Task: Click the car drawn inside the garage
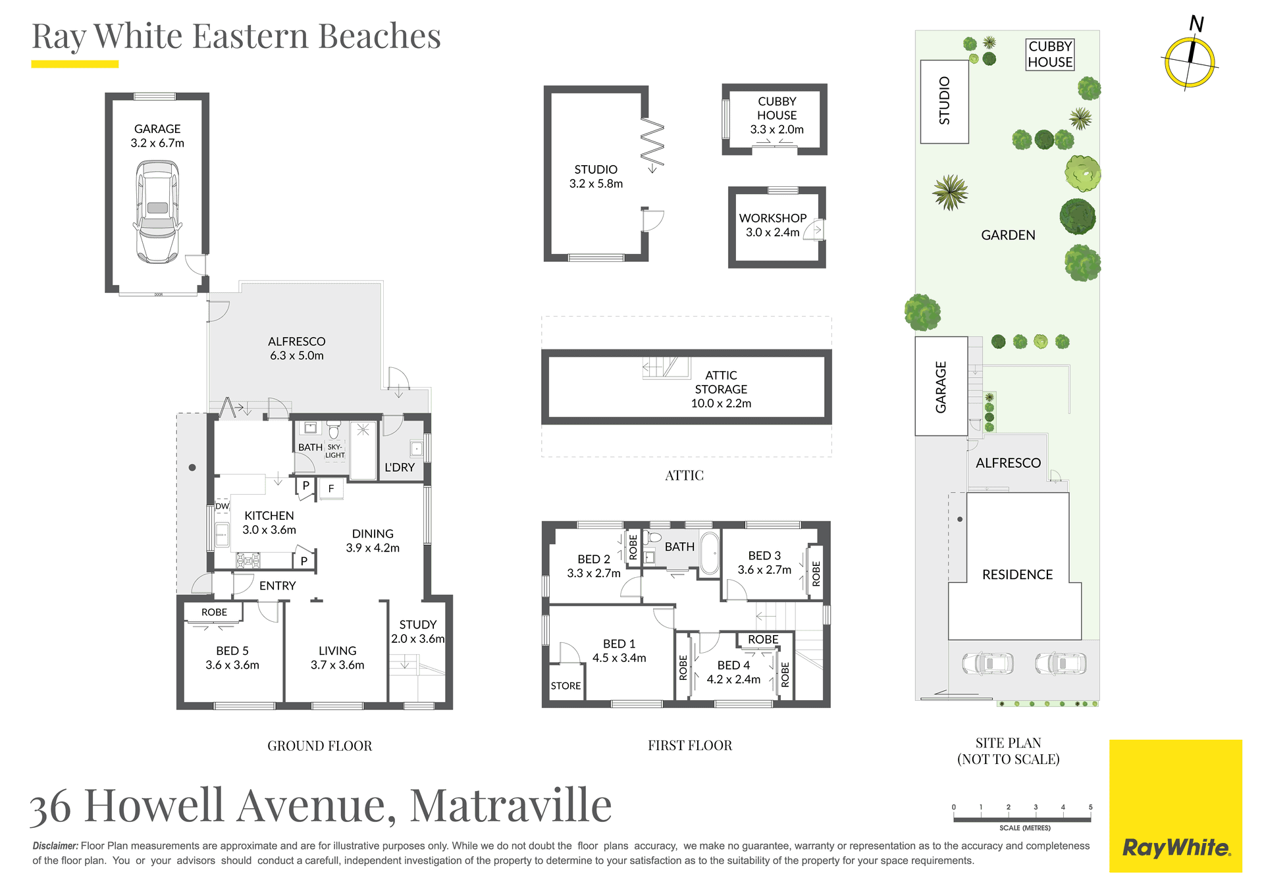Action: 157,211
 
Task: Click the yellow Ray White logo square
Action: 1175,805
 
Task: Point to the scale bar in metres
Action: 1022,819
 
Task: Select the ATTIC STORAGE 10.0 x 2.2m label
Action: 721,389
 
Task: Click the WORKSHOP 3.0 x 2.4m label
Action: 772,225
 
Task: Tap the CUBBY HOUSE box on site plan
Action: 1050,54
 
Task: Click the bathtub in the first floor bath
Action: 709,553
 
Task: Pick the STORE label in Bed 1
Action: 566,686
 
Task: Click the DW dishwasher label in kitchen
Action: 222,506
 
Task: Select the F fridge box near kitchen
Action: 331,488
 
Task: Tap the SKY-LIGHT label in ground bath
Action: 334,451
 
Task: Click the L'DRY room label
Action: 400,467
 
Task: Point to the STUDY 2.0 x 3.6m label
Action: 418,631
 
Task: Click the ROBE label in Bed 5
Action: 214,612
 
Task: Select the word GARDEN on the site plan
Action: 1008,235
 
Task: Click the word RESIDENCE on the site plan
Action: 1017,574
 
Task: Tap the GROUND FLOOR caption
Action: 319,746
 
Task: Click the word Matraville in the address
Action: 511,805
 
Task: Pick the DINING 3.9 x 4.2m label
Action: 373,540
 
